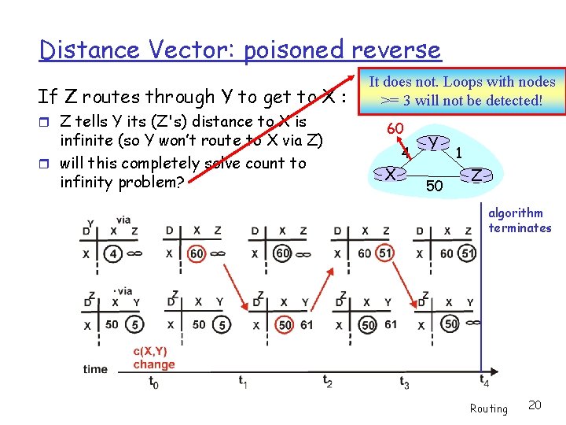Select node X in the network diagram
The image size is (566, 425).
click(390, 174)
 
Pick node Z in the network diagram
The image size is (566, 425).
click(476, 175)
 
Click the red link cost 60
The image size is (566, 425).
click(395, 128)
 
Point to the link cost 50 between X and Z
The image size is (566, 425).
click(433, 186)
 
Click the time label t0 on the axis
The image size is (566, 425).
click(154, 382)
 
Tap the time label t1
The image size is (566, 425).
click(244, 380)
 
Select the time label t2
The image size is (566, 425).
click(328, 380)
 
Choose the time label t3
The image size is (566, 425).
click(404, 382)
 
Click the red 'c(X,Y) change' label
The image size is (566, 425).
click(154, 358)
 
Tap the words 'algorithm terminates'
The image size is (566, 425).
click(520, 220)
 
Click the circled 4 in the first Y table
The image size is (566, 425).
click(114, 254)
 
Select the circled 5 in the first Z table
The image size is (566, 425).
click(136, 324)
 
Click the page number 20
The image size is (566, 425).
click(535, 405)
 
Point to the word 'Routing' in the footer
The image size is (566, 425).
click(488, 408)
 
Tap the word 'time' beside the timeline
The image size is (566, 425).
click(95, 368)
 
